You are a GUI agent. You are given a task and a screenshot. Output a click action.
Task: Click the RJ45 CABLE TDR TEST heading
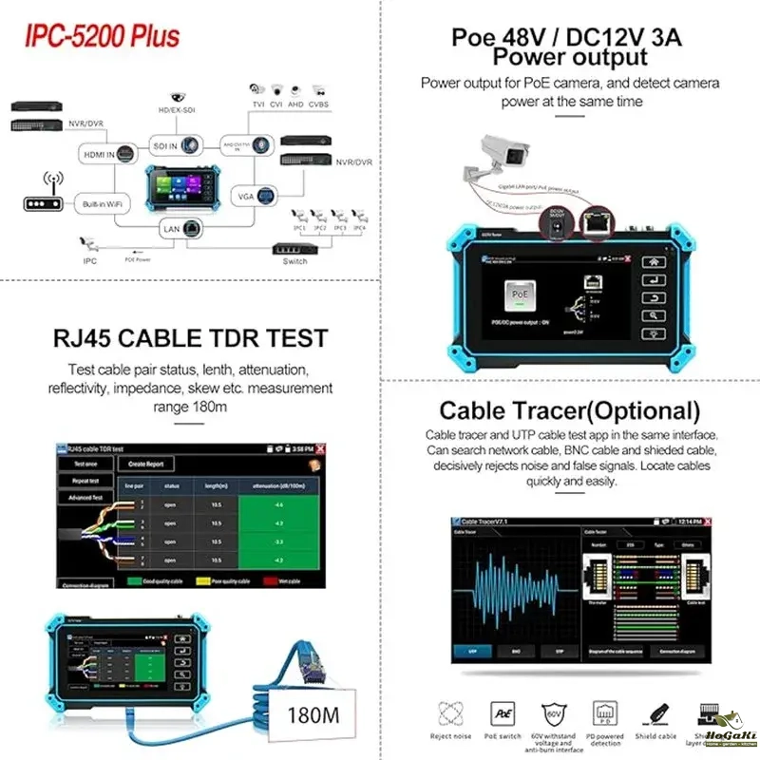point(190,337)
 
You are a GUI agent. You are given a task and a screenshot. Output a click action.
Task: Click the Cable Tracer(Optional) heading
point(569,411)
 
